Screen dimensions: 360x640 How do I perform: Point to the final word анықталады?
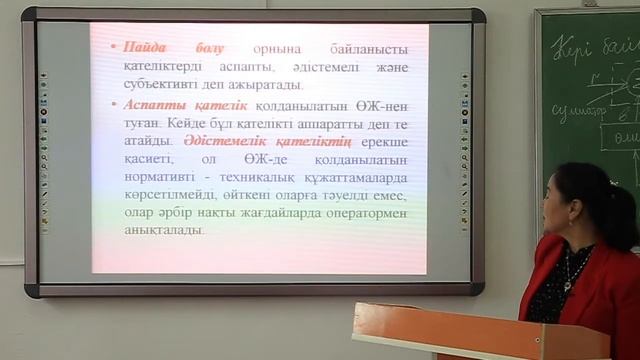tap(164, 231)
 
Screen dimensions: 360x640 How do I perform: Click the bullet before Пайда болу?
tap(115, 49)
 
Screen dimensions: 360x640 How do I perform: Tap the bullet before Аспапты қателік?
tap(115, 105)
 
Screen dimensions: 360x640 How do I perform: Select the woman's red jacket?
tap(600, 290)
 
